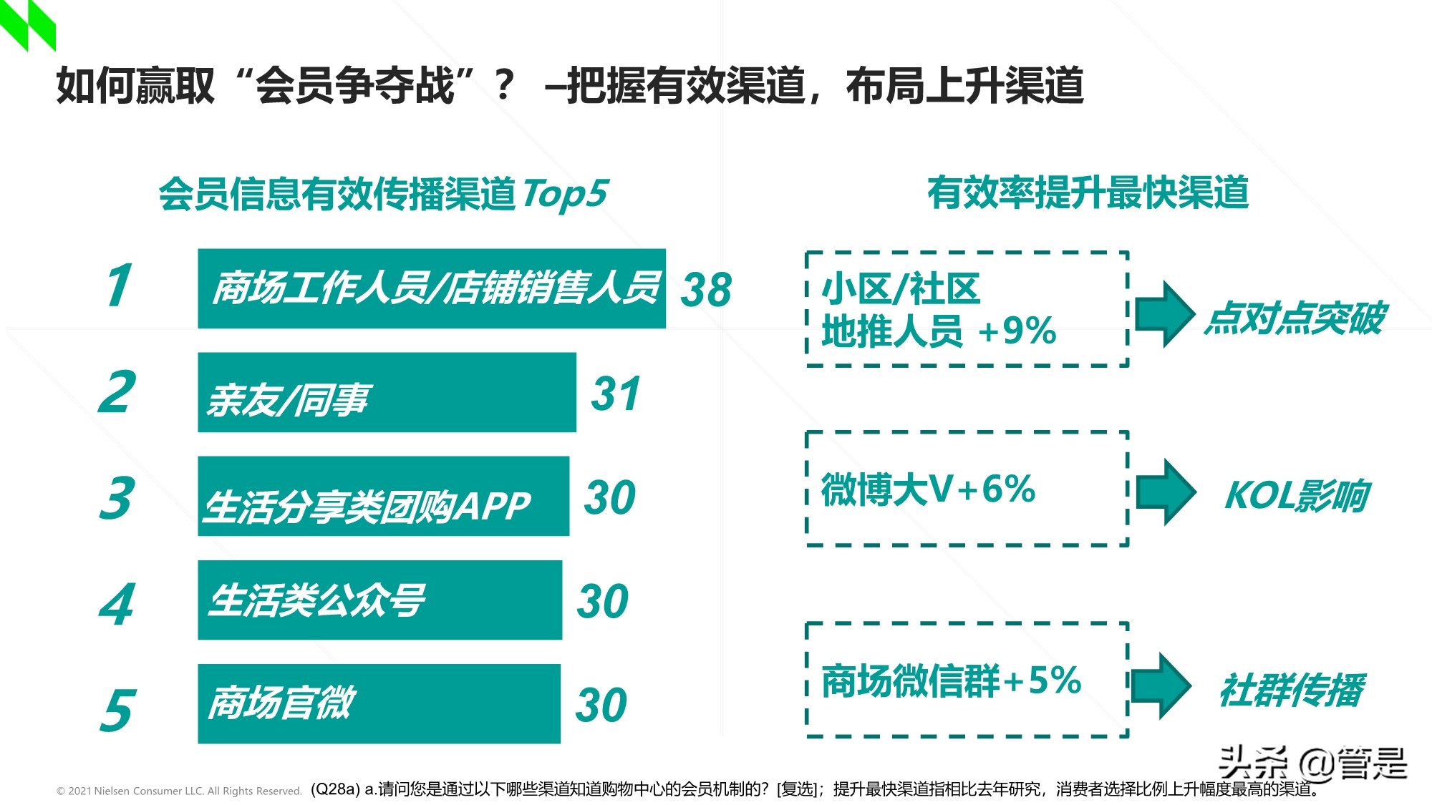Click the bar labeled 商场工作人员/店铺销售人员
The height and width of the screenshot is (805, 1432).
431,288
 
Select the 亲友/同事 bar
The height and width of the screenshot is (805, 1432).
387,392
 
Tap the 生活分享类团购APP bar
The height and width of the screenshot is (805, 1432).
383,496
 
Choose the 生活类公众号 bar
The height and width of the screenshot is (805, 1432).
379,600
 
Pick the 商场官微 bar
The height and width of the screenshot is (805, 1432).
379,703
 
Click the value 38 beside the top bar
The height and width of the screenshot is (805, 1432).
706,290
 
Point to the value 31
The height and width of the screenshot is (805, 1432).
616,394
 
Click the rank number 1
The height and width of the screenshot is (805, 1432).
119,286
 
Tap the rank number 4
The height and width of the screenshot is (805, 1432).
117,604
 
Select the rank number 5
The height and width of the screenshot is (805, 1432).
117,710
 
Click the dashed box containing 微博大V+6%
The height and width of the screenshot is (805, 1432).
967,489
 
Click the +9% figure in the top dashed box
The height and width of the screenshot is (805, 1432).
1017,331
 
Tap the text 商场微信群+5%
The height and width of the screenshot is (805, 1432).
951,680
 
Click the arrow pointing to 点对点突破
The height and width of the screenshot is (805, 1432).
1165,314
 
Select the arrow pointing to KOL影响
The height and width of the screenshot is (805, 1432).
1166,492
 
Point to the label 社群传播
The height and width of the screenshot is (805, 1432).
1292,690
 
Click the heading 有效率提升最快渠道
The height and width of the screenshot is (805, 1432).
1088,193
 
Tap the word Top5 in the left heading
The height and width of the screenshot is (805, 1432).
565,194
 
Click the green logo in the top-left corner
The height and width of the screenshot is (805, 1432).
28,24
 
